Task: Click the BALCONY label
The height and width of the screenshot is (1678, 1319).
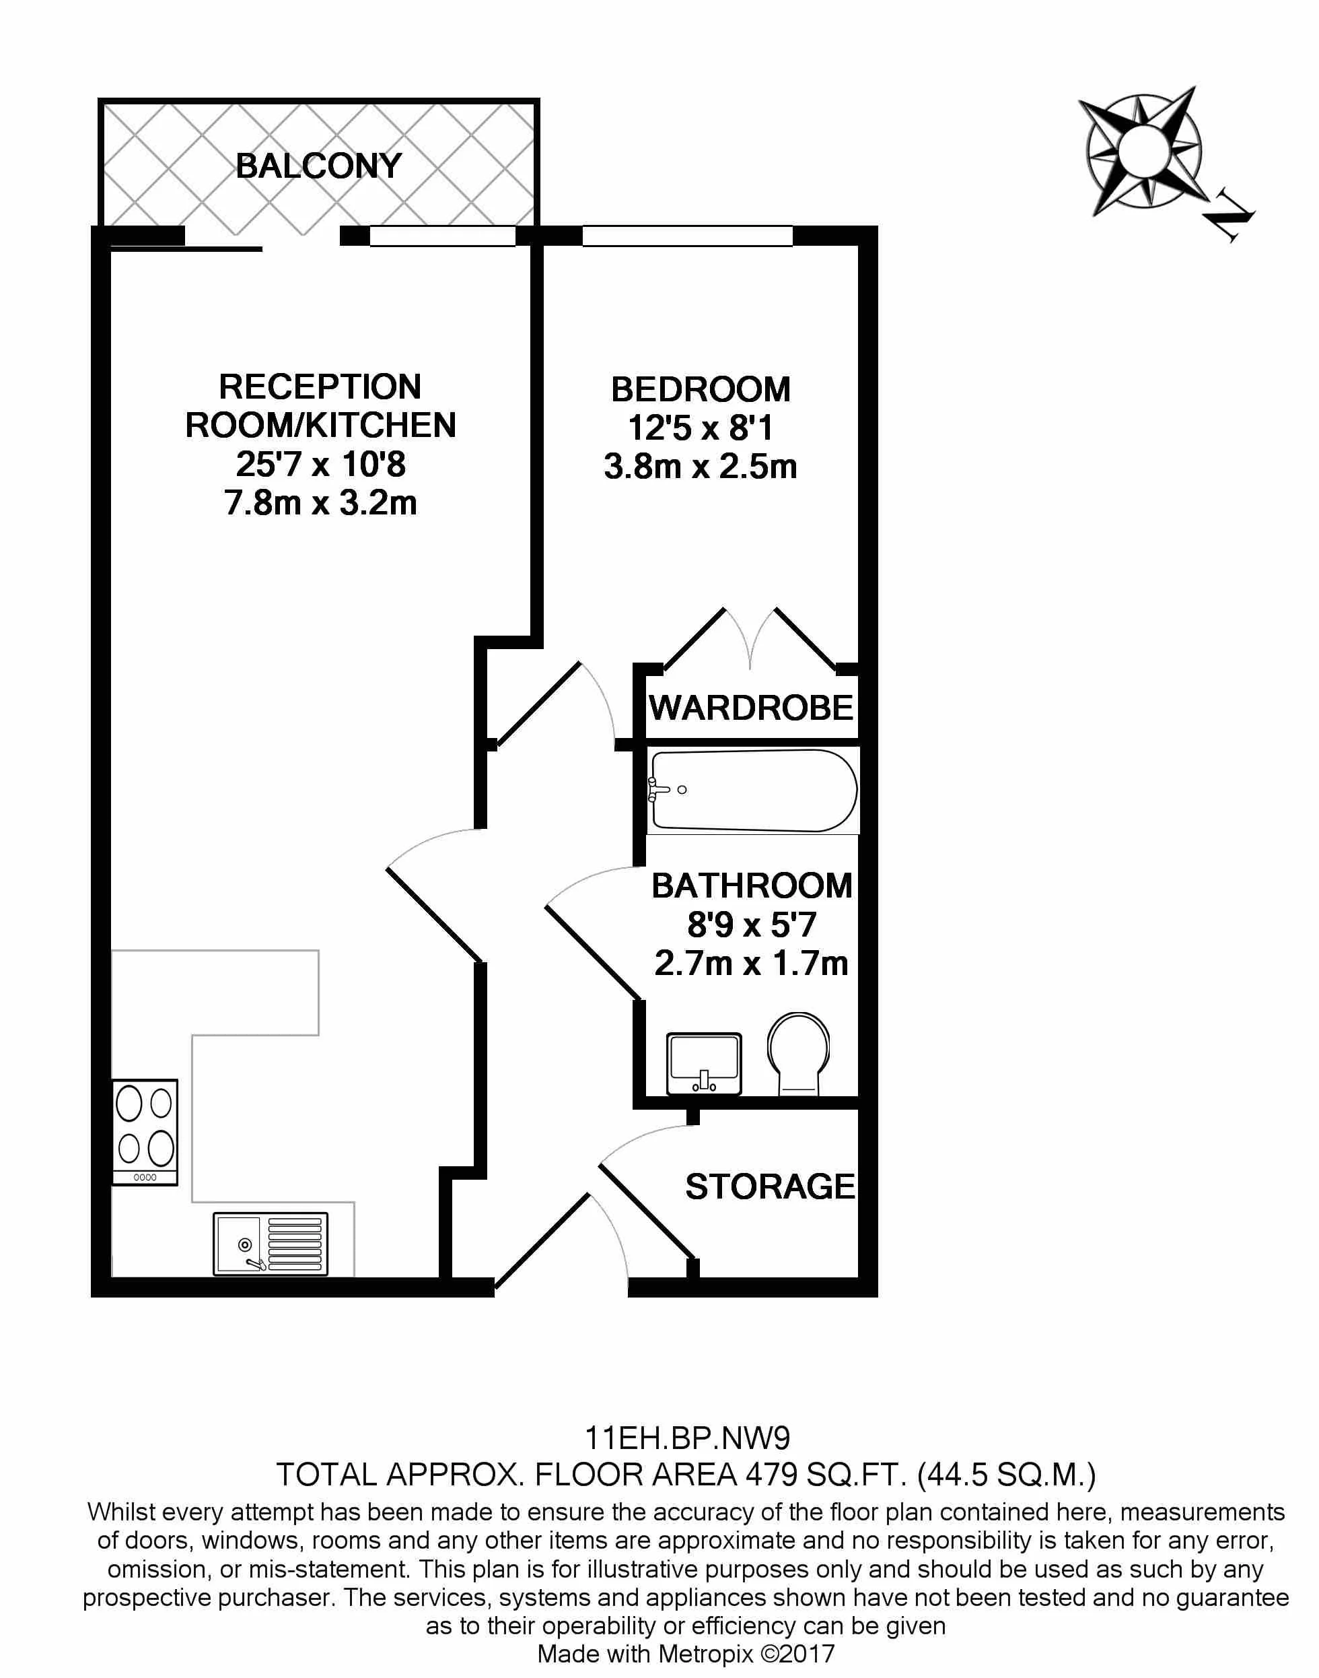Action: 318,166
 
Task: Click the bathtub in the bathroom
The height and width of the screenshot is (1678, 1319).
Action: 753,791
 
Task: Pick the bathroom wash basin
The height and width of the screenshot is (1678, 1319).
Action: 703,1064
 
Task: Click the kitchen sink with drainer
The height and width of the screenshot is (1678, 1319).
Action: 271,1243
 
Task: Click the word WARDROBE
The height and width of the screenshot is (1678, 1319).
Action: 750,708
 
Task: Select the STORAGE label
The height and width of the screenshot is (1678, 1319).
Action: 770,1186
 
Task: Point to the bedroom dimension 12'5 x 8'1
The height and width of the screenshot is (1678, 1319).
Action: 701,428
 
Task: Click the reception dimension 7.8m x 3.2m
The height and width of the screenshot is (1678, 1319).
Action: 320,503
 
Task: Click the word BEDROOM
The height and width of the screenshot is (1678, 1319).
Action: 701,389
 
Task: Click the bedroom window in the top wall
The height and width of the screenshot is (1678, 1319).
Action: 687,236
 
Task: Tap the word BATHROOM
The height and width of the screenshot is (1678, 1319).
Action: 752,886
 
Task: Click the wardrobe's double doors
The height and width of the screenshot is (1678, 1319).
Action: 750,640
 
